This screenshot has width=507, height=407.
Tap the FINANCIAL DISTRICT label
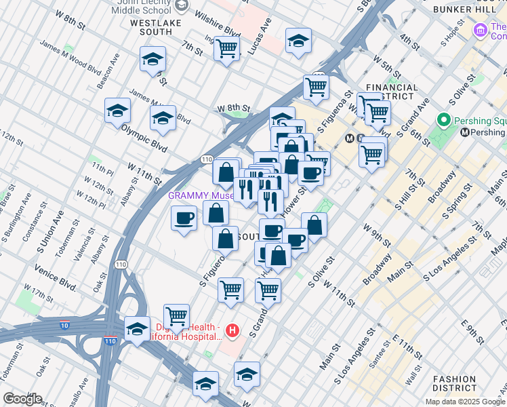tap(392, 92)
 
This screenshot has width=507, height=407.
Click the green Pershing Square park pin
tap(445, 121)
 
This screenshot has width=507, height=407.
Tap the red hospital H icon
tap(232, 331)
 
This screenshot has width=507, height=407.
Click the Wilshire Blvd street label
tap(220, 28)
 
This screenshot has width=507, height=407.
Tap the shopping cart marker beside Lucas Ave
tap(226, 48)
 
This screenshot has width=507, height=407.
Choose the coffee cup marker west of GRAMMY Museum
tap(184, 218)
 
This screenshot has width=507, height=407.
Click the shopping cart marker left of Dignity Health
tap(176, 315)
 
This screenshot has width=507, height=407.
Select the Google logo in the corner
tap(22, 399)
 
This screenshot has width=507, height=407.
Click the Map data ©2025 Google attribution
tap(466, 402)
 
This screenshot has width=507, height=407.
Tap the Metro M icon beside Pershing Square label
tap(464, 132)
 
